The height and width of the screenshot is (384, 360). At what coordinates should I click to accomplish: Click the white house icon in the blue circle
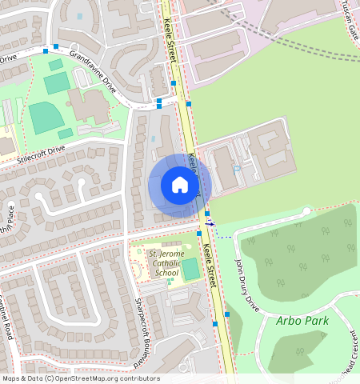[x=179, y=186]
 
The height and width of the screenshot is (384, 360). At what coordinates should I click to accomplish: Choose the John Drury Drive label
[x=247, y=285]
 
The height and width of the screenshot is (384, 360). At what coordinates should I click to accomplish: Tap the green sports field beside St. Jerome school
[x=190, y=270]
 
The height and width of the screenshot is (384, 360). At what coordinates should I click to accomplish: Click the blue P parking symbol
[x=237, y=169]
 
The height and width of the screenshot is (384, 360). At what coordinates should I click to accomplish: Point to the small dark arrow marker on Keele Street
[x=210, y=224]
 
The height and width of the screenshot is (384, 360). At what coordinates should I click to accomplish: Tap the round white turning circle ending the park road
[x=306, y=211]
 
